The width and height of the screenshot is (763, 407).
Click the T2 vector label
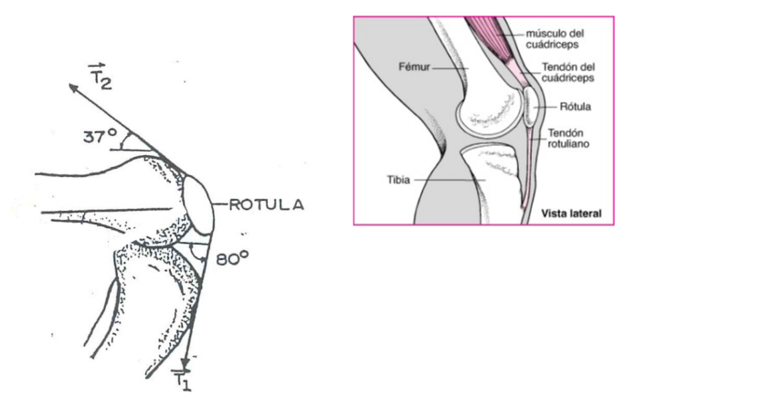tap(100, 77)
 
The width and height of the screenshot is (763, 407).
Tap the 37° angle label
tap(100, 136)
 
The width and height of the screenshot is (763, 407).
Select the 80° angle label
tap(232, 258)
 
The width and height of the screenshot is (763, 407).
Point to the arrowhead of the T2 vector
tap(73, 88)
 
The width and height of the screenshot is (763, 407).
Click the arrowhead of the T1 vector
tap(185, 362)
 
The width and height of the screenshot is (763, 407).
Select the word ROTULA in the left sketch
tap(266, 205)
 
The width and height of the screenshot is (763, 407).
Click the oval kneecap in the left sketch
tap(198, 205)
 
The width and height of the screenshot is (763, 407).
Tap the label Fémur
tap(414, 67)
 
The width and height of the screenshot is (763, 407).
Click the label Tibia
tap(398, 180)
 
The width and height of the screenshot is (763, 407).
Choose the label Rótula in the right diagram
tap(575, 107)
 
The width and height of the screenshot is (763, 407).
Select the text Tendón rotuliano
tap(568, 138)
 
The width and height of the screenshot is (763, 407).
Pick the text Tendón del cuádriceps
tap(567, 72)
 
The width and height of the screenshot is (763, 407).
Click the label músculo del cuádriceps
tap(555, 39)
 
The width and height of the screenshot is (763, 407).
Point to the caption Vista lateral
tap(571, 214)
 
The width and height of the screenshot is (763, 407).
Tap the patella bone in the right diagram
tap(530, 105)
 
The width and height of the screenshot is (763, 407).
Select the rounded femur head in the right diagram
tap(489, 111)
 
